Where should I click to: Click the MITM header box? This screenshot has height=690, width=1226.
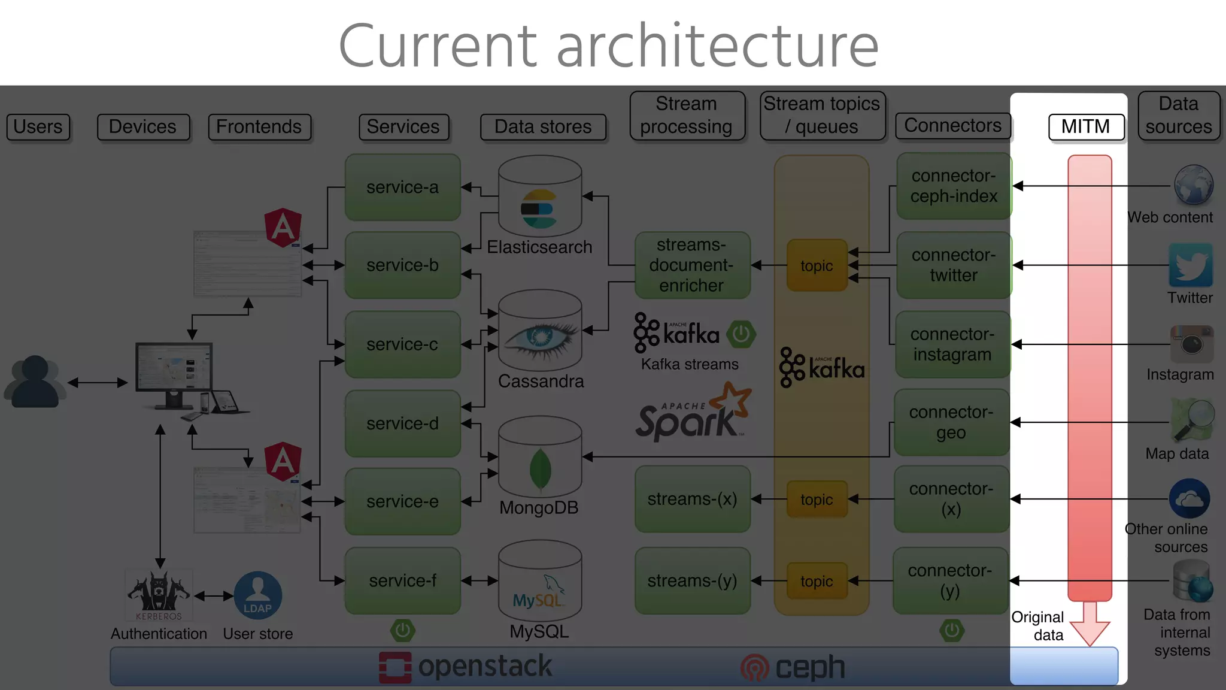[1086, 127]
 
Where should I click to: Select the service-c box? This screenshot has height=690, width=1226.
[402, 344]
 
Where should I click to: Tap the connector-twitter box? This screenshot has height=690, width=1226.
[953, 265]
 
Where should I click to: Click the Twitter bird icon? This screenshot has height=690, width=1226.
[1190, 265]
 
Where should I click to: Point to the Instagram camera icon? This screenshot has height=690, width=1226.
[1191, 344]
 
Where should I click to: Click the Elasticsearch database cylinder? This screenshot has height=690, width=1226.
[540, 198]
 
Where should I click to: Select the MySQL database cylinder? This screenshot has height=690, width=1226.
[540, 581]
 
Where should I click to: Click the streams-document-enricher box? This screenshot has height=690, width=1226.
[691, 265]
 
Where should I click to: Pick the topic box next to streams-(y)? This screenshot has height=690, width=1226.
[817, 581]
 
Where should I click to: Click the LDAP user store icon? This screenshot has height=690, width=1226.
[257, 595]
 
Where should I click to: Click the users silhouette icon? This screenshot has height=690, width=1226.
[35, 382]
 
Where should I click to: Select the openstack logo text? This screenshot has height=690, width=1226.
[484, 667]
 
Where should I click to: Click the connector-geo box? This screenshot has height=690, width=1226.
[951, 422]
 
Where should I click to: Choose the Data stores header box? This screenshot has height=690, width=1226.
[543, 127]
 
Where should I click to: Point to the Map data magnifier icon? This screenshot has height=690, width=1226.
[1193, 419]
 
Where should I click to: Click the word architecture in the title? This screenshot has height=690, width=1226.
[717, 47]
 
